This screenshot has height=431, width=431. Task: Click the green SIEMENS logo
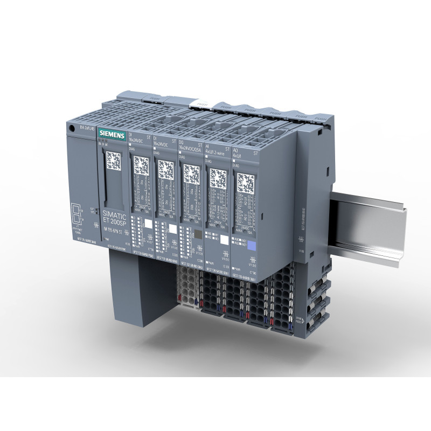click(x=112, y=135)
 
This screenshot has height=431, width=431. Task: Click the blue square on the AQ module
click(x=251, y=246)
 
